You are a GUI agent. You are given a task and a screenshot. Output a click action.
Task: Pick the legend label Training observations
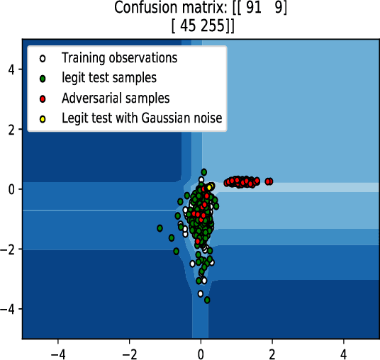coord(119,57)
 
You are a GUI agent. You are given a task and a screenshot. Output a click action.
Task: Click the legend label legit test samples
coord(109,77)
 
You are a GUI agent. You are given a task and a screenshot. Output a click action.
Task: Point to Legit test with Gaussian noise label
coord(142,118)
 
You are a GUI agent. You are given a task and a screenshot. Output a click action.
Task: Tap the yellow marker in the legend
coord(43,118)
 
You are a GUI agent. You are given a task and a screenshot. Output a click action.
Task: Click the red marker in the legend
coord(43,98)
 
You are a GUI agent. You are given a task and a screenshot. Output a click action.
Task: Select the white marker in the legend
coord(43,57)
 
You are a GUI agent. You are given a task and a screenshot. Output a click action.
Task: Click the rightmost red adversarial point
coord(270,181)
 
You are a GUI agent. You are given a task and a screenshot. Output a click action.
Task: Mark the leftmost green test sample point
coord(160,228)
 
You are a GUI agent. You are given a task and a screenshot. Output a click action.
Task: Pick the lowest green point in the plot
coord(207,300)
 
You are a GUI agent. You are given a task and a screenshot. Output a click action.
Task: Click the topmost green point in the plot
coord(203,171)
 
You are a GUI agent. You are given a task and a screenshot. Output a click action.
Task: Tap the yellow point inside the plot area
coord(211,186)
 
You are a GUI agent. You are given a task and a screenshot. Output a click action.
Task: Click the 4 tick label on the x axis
coord(344,351)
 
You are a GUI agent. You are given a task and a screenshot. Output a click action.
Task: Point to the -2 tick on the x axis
coord(129,351)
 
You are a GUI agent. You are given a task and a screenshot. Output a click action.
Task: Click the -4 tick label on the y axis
coord(9,310)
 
